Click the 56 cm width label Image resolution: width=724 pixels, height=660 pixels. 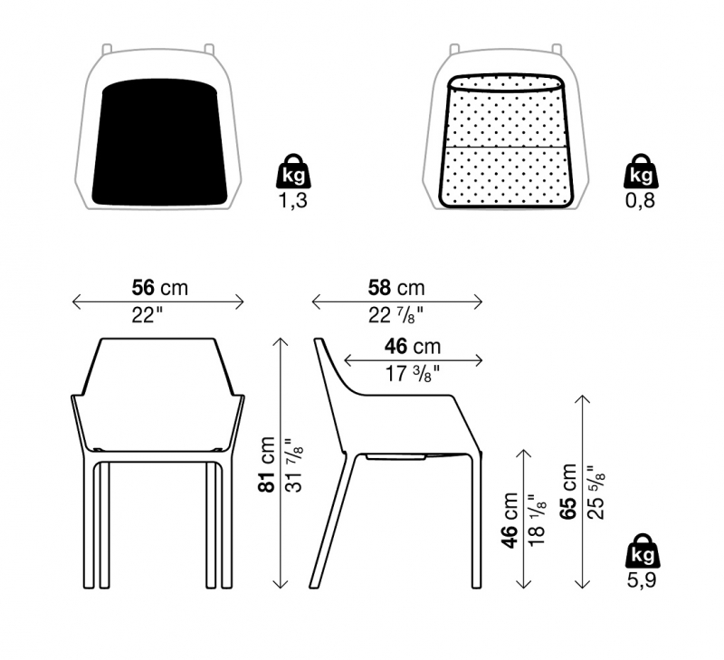tap(160, 288)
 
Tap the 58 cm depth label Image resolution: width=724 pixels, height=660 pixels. tap(396, 288)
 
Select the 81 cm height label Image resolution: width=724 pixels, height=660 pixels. tap(267, 464)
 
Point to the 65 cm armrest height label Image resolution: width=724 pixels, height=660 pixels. tap(568, 492)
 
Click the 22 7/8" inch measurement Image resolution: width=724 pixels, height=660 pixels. tap(395, 316)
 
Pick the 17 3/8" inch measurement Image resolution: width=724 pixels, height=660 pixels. tap(413, 374)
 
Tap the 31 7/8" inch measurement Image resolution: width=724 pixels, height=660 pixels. tap(295, 465)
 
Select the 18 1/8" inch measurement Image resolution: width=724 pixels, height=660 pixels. tap(538, 520)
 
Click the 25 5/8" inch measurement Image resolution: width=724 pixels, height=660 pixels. tap(596, 493)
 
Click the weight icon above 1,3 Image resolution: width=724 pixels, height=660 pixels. tap(293, 171)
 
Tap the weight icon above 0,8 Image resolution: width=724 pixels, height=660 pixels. tap(642, 171)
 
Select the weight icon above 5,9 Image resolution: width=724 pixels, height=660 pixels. tap(643, 550)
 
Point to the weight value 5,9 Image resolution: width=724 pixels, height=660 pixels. tap(642, 580)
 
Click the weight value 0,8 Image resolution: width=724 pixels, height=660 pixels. tap(641, 200)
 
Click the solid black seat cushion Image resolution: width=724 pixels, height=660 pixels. tap(160, 142)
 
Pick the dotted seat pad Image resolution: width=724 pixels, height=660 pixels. tap(507, 141)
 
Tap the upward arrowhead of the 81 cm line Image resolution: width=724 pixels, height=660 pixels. tap(281, 342)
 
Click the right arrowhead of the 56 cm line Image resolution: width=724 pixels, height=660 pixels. tap(240, 302)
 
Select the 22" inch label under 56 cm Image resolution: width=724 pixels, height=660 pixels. tap(148, 316)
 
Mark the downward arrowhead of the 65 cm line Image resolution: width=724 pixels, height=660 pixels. tap(583, 584)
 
